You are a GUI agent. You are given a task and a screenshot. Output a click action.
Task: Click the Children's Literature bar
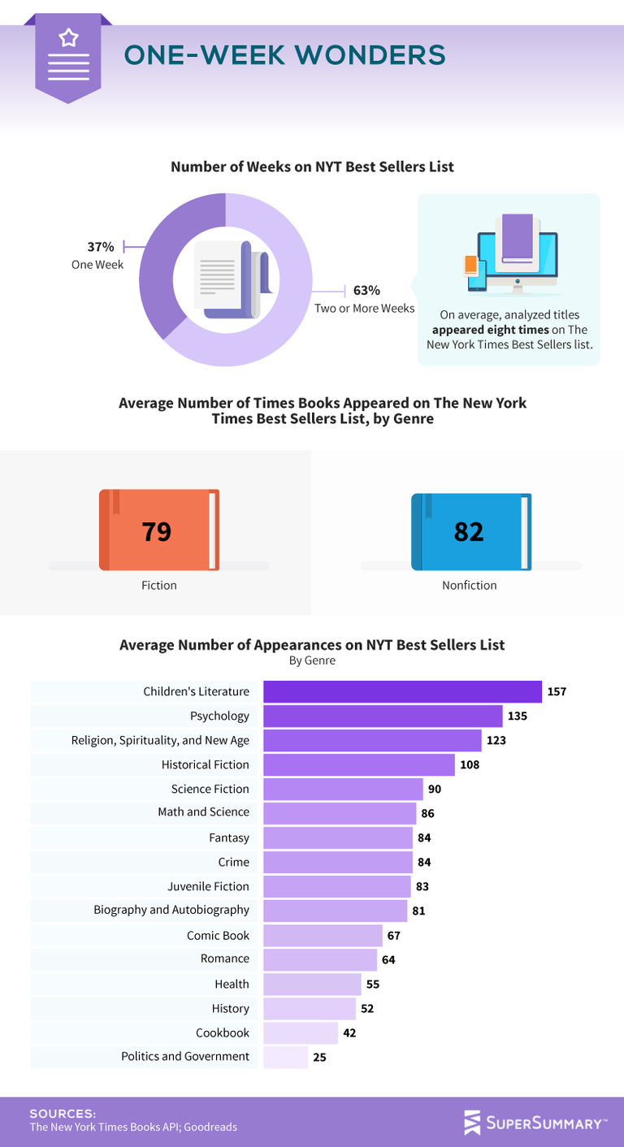(x=402, y=691)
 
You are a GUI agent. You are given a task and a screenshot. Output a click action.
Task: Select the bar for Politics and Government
(x=285, y=1057)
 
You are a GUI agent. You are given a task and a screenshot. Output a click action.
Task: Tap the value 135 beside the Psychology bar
(x=518, y=716)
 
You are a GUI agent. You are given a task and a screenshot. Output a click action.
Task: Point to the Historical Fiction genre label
(x=206, y=764)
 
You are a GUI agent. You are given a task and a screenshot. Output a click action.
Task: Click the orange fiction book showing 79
(x=159, y=530)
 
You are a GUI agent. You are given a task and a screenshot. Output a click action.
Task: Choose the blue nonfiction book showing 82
(x=470, y=530)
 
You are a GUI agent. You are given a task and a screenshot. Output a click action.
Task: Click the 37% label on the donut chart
(x=101, y=247)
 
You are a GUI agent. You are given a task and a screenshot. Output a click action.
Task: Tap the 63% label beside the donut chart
(x=366, y=290)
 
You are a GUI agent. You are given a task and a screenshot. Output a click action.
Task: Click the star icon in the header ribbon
(x=68, y=37)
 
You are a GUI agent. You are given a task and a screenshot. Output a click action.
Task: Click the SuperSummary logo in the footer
(x=535, y=1123)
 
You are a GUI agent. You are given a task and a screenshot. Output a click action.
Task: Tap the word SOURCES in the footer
(x=63, y=1114)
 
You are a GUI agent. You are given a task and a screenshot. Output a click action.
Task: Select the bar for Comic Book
(x=323, y=935)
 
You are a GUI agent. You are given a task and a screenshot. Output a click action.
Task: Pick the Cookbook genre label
(x=223, y=1032)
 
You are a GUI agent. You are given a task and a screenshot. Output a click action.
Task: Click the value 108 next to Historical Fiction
(x=470, y=765)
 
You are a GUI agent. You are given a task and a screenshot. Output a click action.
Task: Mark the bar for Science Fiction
(x=343, y=789)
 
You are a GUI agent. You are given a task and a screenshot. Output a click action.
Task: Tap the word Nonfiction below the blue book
(x=470, y=585)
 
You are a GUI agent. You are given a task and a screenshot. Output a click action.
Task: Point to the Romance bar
(x=320, y=959)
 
